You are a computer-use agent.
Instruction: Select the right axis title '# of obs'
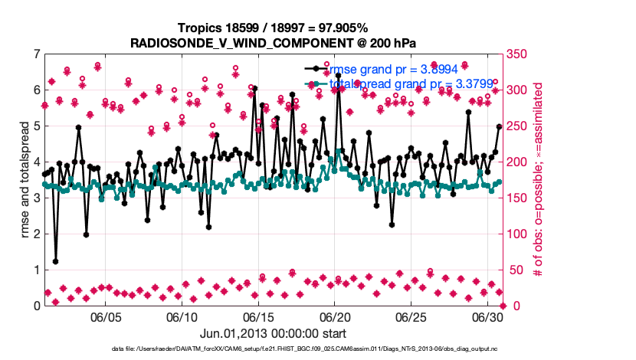coord(539,179)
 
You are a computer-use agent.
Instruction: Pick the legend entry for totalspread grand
coord(391,83)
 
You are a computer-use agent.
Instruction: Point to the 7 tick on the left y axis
coord(36,54)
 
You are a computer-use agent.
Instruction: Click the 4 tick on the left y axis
coord(36,162)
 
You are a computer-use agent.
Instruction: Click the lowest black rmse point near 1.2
coord(55,261)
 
